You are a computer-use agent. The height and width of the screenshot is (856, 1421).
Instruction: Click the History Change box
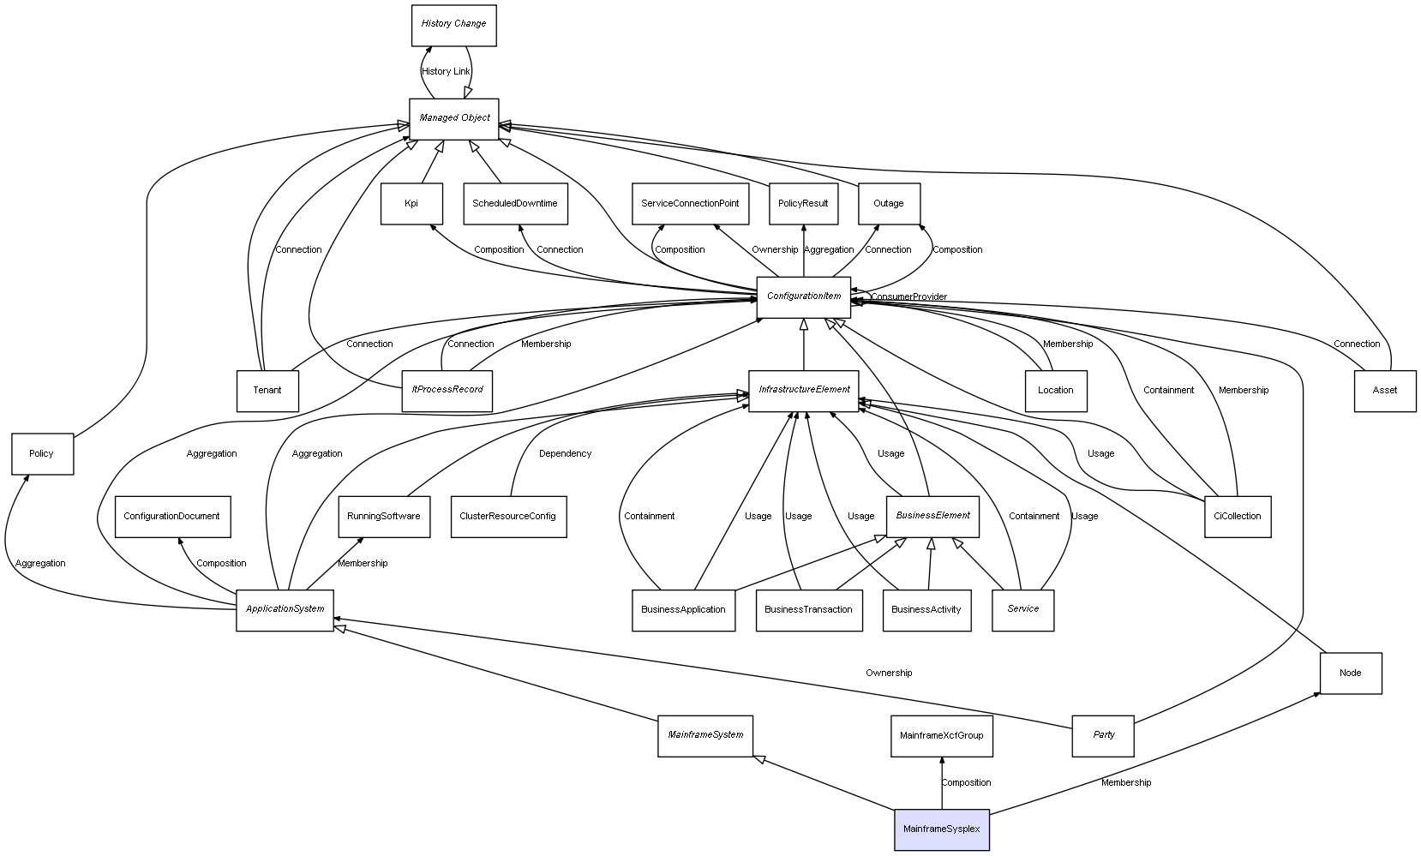click(x=453, y=25)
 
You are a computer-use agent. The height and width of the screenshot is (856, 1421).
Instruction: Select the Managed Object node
click(x=453, y=118)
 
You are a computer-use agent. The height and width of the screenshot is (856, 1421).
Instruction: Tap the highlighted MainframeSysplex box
click(x=941, y=829)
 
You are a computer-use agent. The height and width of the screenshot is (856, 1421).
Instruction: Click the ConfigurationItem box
click(x=803, y=297)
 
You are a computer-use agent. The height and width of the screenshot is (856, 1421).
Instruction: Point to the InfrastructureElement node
click(x=803, y=391)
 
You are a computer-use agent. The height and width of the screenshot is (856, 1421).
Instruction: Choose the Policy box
click(x=42, y=454)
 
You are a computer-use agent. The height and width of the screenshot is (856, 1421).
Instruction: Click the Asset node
click(x=1384, y=391)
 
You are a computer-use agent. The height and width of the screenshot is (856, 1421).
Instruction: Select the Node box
click(x=1350, y=673)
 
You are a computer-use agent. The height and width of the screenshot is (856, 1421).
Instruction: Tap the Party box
click(x=1102, y=735)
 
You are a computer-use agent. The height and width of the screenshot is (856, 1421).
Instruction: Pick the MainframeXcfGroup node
click(x=941, y=736)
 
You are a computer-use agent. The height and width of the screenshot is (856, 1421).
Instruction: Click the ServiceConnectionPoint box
click(x=689, y=204)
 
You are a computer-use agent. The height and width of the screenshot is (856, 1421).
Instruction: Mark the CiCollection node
click(x=1237, y=517)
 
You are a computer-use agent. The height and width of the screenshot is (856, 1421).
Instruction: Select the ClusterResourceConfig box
click(x=508, y=517)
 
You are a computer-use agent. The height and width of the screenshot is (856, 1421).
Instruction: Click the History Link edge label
click(x=446, y=72)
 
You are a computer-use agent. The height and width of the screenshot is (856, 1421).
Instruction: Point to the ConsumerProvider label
click(x=909, y=297)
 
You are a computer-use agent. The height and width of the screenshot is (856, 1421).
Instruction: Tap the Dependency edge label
click(x=565, y=454)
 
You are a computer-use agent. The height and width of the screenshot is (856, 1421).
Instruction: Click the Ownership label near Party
click(x=889, y=673)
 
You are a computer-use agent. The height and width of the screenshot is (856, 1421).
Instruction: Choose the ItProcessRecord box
click(x=447, y=390)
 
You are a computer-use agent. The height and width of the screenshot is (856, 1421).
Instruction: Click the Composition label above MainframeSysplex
click(x=966, y=783)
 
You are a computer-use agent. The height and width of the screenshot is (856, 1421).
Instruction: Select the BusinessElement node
click(x=932, y=516)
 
